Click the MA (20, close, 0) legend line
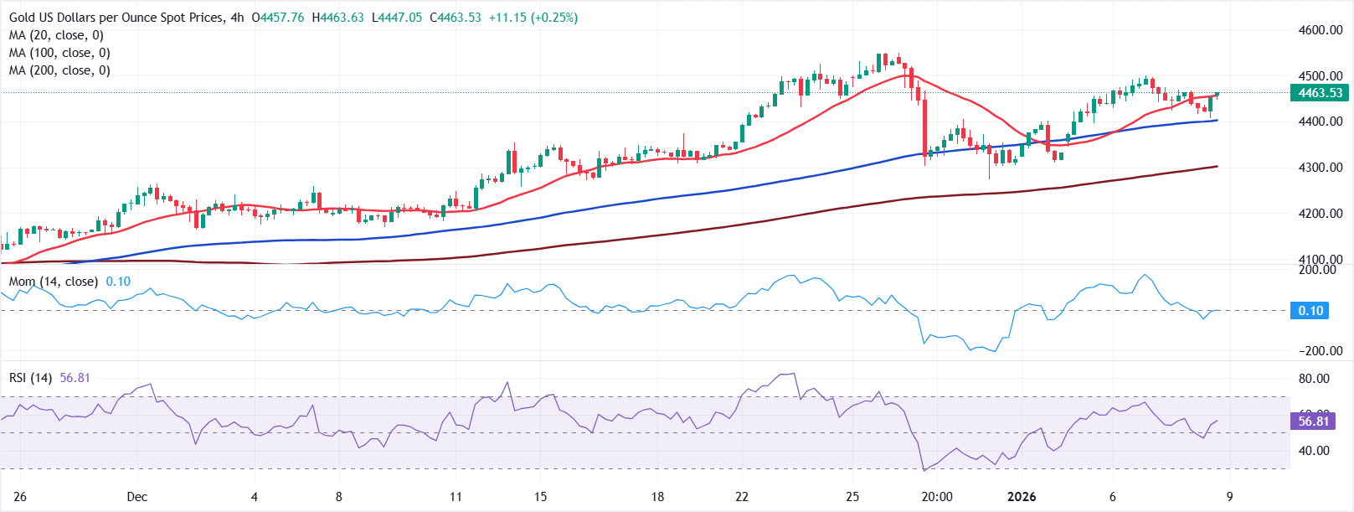[56, 35]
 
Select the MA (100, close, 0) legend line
[59, 53]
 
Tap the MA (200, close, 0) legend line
[59, 70]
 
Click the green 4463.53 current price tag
[1320, 93]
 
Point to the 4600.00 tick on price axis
[1321, 30]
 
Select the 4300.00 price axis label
[1321, 168]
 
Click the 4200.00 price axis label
[1321, 214]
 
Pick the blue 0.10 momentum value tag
[1310, 311]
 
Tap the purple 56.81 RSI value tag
[1313, 421]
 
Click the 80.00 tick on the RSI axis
[1314, 379]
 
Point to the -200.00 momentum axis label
[1319, 351]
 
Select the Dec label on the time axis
[137, 497]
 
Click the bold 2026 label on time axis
[1022, 497]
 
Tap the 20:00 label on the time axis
[937, 497]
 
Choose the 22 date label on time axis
[742, 497]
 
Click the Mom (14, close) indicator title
[54, 282]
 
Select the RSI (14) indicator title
[30, 378]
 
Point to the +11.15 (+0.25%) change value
[533, 18]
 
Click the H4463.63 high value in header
[337, 18]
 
